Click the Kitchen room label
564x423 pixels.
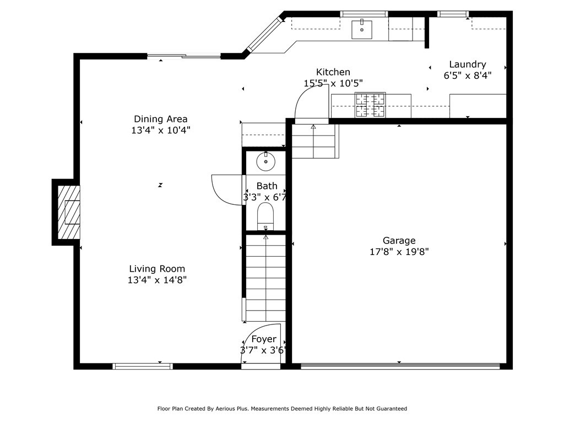[333, 72]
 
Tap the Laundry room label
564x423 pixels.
[468, 65]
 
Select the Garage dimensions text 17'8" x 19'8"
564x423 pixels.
[399, 252]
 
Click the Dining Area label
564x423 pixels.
[160, 119]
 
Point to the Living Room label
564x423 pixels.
[157, 269]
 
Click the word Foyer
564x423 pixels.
[264, 339]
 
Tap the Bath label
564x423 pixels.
[267, 186]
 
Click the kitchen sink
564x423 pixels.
[362, 29]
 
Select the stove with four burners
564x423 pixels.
[370, 105]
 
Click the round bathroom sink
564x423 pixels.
[266, 161]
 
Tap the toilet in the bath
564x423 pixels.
[265, 216]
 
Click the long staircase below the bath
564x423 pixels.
[265, 278]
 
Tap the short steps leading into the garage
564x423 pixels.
[313, 142]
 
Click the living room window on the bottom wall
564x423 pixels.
[143, 366]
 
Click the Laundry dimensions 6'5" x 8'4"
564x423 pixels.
[468, 75]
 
